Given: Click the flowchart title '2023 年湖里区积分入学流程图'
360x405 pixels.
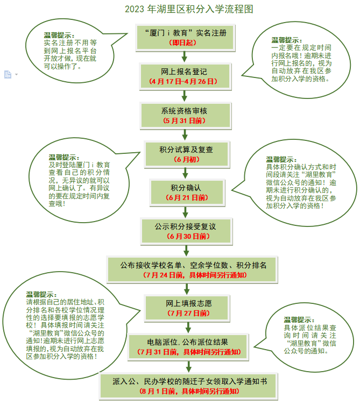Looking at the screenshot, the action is click(189, 9).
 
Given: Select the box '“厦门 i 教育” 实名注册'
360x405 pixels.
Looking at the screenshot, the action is click(185, 38).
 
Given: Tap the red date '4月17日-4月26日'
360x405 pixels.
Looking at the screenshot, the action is click(183, 82).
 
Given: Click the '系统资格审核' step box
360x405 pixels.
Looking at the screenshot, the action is click(185, 116).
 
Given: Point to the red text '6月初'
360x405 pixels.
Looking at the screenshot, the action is click(187, 159).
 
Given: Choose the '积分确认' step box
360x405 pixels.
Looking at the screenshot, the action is click(187, 193).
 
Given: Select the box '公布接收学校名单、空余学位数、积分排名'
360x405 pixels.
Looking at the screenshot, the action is click(192, 269).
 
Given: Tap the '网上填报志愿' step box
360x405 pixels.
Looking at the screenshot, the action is click(187, 308).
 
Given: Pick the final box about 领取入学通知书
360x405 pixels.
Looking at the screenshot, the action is click(188, 386).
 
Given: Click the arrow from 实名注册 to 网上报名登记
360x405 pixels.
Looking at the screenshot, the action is click(184, 57).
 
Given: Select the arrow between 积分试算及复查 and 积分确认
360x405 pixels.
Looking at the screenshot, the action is click(185, 174).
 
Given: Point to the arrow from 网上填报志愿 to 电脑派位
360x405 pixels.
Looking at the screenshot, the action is click(188, 328).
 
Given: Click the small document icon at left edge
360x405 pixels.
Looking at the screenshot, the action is click(8, 74).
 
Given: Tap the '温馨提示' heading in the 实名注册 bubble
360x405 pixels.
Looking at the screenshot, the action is click(59, 35).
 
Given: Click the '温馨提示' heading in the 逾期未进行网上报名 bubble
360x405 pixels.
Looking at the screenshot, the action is click(287, 40).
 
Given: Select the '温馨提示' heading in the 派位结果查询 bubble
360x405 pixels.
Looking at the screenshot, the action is click(299, 320).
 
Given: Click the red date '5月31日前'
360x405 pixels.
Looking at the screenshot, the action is click(184, 120).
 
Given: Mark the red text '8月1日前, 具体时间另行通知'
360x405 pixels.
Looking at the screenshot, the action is click(189, 391).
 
